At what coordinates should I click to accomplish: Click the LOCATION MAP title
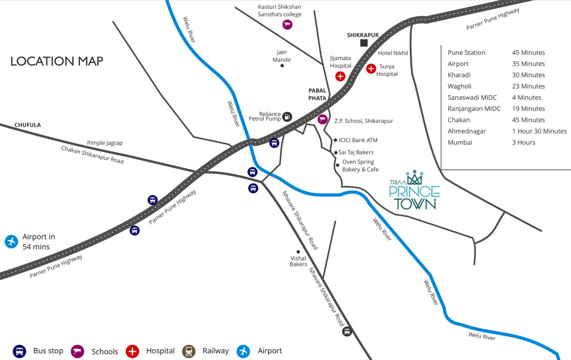pos(57,61)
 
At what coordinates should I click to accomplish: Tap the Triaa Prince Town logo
pos(415,191)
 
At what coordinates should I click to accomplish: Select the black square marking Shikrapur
pos(364,43)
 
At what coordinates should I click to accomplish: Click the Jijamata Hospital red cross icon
pos(341,76)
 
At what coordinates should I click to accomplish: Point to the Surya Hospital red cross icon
pos(371,69)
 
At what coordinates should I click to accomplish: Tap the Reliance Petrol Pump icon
pos(288,117)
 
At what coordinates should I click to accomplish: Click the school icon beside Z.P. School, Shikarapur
pos(322,120)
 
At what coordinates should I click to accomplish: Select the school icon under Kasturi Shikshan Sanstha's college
pos(287,25)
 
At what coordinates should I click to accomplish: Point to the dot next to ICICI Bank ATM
pos(335,140)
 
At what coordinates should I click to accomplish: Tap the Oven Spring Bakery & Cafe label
pos(360,165)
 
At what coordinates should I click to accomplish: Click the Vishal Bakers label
pos(298,261)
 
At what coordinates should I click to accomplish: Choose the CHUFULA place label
pos(28,125)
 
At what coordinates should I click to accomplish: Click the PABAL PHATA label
pos(317,94)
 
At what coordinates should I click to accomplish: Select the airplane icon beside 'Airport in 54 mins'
pos(11,242)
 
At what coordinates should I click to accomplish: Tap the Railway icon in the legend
pos(189,351)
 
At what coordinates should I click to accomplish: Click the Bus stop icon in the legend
pos(19,351)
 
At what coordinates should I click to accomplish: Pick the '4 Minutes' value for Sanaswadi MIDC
pos(527,97)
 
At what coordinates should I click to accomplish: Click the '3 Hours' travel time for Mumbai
pos(523,142)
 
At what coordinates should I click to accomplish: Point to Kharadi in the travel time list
pos(459,75)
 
